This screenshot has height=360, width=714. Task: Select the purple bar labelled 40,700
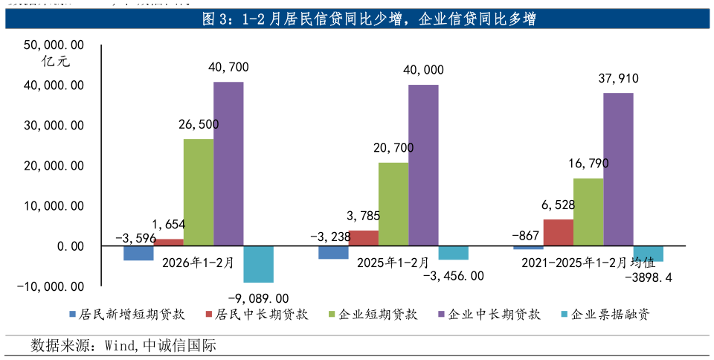[228, 164]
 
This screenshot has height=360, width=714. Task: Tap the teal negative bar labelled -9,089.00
[258, 264]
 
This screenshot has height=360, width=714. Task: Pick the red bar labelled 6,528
[558, 232]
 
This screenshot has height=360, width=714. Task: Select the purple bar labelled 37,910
[618, 170]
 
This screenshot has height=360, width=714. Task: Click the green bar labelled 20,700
[393, 204]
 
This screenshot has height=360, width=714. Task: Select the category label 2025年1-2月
[393, 262]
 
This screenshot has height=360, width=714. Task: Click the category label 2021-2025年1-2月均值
[588, 262]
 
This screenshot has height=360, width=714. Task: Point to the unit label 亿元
[57, 63]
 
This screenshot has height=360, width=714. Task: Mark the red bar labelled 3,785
[363, 238]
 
